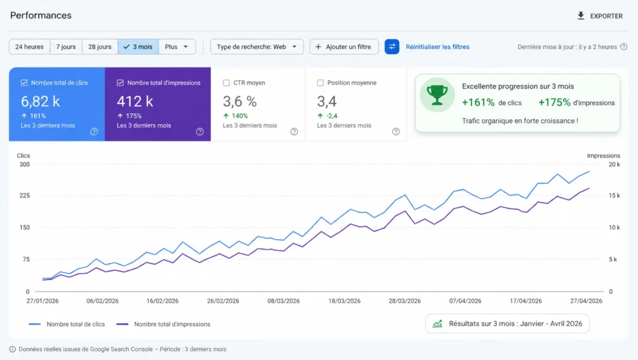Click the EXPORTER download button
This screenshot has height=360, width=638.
[600, 16]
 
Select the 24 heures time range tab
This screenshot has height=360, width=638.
[29, 47]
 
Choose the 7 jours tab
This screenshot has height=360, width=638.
[66, 47]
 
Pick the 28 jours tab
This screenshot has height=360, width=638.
[100, 47]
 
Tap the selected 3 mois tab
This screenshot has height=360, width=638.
[138, 47]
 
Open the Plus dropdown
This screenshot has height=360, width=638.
[177, 47]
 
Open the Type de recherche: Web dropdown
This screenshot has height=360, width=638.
[257, 47]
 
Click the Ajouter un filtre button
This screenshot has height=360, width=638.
[344, 47]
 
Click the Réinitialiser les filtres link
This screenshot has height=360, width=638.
[437, 47]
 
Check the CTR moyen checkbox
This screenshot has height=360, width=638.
[226, 83]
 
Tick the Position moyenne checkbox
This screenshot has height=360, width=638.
[320, 83]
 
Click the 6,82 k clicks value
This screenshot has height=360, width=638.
[40, 101]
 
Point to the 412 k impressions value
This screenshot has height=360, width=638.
[135, 101]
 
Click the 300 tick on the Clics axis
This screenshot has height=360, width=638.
[24, 164]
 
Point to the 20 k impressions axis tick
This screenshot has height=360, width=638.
[614, 164]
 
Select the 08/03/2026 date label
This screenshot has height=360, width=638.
[283, 301]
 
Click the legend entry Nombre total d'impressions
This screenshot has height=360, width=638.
[172, 324]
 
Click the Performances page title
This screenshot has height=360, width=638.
[40, 16]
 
